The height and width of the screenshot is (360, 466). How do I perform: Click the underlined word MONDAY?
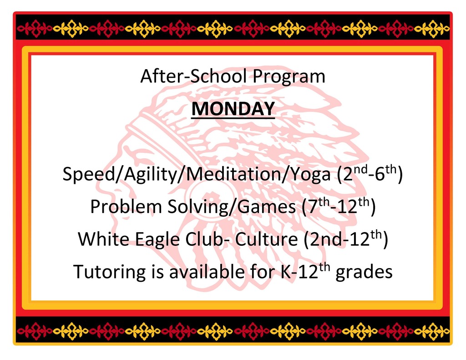(233, 109)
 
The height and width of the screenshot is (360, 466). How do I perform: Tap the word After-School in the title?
(193, 76)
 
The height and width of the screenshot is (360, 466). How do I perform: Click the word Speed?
(89, 174)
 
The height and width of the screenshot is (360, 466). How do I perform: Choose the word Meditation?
(233, 173)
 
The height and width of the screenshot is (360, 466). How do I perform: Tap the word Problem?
(126, 206)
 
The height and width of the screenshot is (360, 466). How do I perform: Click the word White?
(104, 239)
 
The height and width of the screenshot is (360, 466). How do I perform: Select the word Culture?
(267, 239)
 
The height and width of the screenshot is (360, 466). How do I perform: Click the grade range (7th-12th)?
(339, 206)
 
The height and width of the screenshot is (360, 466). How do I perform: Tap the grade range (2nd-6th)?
(370, 173)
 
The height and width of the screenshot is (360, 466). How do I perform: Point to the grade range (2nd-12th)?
(346, 239)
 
